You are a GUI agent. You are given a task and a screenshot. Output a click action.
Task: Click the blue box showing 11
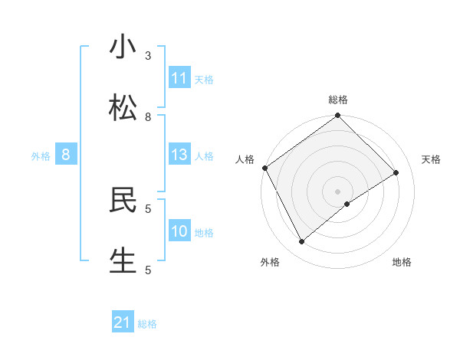(179, 78)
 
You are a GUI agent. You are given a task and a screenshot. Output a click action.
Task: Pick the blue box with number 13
(179, 155)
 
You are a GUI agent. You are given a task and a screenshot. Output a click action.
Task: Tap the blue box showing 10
(179, 231)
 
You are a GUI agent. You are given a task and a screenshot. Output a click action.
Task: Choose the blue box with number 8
(66, 155)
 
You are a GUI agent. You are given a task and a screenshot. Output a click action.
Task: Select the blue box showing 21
(123, 323)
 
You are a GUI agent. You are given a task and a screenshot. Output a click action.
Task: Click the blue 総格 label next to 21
(147, 324)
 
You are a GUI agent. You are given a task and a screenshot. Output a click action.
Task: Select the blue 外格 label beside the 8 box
(41, 156)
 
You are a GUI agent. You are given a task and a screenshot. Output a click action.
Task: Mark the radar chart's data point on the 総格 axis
(337, 116)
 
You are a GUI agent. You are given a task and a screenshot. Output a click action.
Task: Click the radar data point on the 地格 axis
(347, 204)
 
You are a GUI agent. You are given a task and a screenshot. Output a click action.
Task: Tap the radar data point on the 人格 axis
(264, 168)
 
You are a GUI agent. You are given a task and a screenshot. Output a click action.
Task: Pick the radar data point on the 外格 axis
(302, 242)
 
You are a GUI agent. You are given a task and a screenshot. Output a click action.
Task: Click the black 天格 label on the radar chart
(431, 159)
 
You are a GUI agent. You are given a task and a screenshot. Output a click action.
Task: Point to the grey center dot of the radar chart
(337, 191)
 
